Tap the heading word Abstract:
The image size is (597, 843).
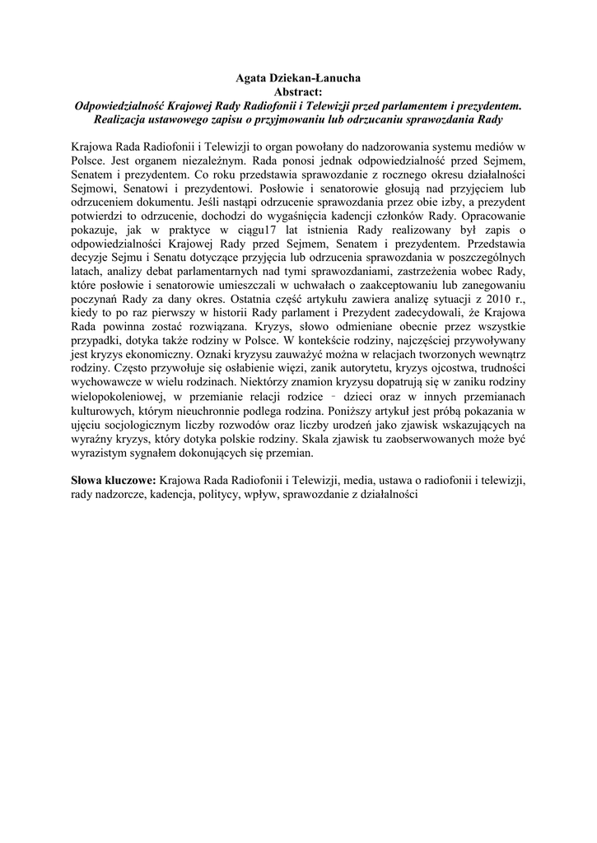click(x=298, y=92)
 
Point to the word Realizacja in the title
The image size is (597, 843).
click(x=124, y=119)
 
